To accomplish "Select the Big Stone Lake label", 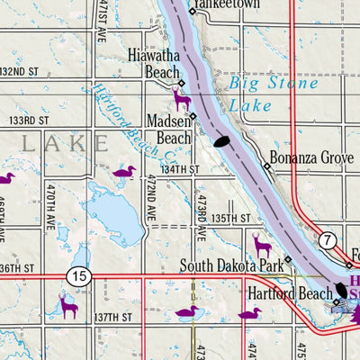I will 272,93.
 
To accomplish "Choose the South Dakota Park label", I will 229,265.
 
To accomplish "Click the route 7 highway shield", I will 327,238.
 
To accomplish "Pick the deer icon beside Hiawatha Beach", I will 181,96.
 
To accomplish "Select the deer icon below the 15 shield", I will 67,305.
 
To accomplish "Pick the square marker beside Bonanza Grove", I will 267,166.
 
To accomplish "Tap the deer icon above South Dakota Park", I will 263,244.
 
